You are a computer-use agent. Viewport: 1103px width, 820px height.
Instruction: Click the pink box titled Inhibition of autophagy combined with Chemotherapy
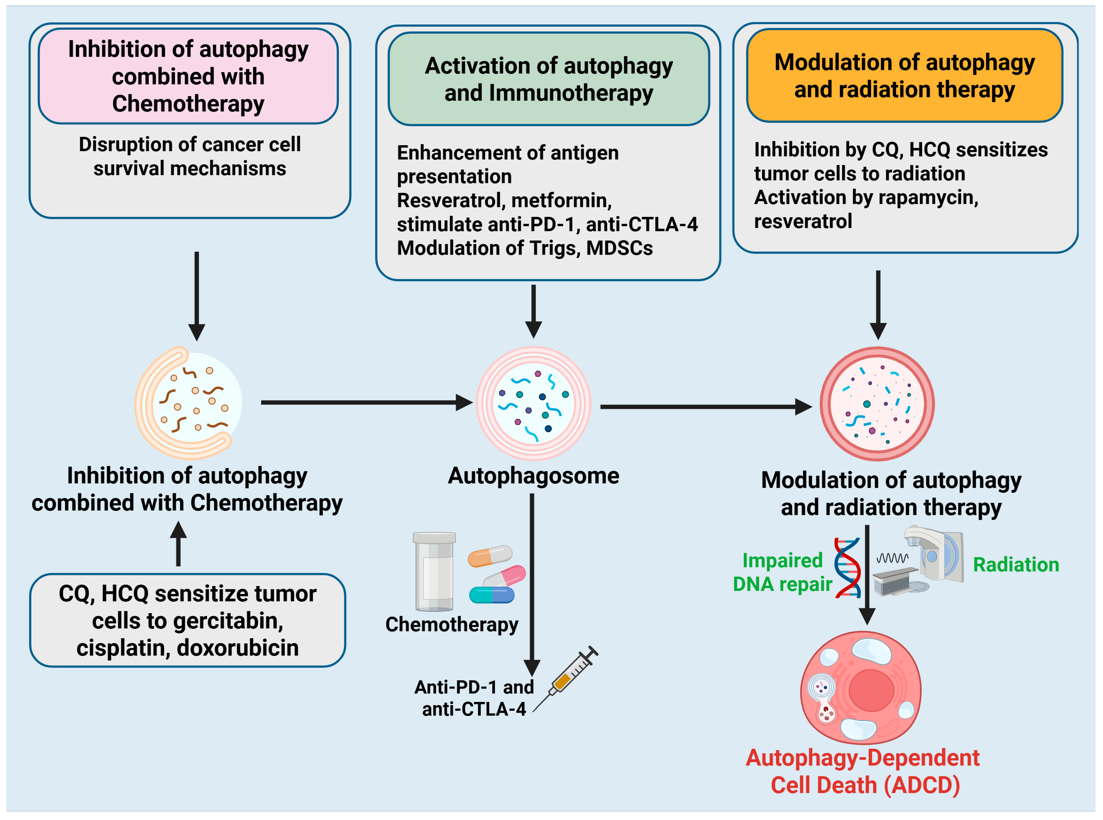(188, 76)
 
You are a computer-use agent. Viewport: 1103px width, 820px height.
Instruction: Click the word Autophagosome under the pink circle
(533, 476)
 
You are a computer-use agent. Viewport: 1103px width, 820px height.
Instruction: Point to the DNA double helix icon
(847, 567)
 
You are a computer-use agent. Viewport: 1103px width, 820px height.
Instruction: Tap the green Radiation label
(1016, 564)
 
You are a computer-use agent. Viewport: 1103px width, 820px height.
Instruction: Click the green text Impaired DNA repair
(782, 572)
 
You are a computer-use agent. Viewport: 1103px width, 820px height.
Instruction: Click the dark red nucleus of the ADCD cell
(871, 690)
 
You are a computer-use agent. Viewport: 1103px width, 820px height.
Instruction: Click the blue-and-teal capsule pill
(492, 595)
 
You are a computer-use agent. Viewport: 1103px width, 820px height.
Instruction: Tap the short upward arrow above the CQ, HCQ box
(178, 544)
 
